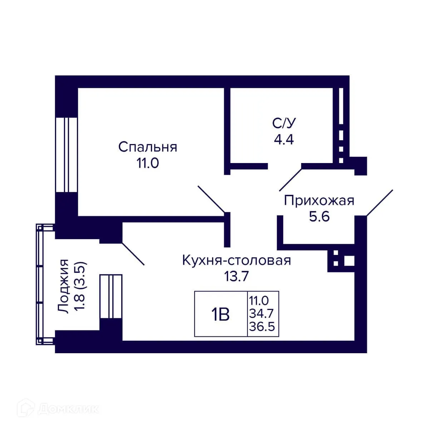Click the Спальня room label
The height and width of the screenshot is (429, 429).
click(148, 147)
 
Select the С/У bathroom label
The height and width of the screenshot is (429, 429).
click(284, 123)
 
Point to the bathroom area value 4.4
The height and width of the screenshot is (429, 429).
click(284, 139)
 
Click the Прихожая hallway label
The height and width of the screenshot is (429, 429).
click(319, 201)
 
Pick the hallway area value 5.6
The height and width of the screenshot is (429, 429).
click(319, 217)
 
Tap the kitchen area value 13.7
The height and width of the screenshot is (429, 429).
click(236, 276)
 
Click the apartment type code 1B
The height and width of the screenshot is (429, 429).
click(220, 315)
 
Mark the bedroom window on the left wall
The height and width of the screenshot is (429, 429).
click(66, 154)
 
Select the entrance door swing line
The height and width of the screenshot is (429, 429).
click(380, 203)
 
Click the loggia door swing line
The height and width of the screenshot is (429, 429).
click(133, 254)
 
